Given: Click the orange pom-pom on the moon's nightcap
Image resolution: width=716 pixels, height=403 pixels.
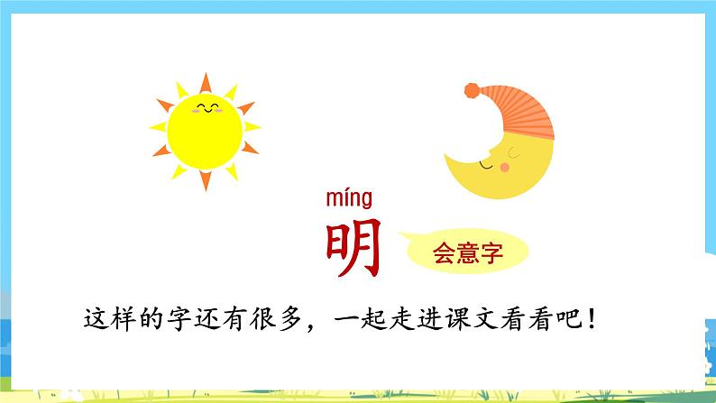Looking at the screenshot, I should [x=472, y=91].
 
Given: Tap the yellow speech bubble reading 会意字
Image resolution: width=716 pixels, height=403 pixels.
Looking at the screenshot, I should [x=465, y=251].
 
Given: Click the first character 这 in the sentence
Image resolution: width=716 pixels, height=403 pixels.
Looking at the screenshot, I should [x=96, y=319].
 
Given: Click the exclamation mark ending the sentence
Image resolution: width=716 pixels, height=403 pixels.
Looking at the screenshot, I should [x=592, y=319].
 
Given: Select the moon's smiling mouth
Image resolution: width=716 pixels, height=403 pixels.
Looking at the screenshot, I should [x=487, y=167].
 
